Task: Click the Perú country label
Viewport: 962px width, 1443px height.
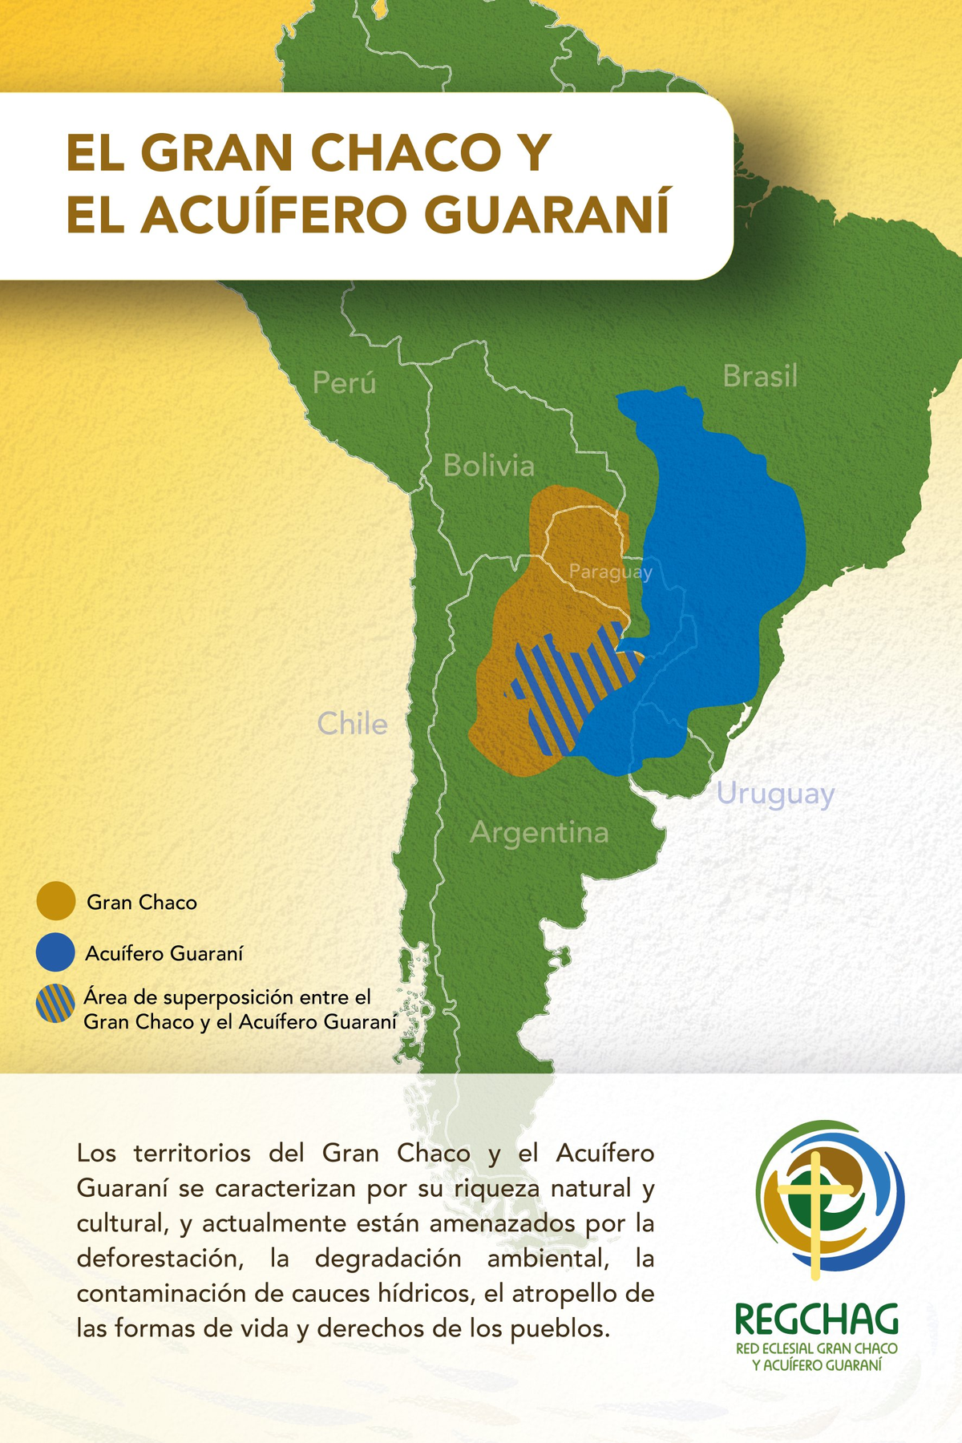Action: pyautogui.click(x=344, y=382)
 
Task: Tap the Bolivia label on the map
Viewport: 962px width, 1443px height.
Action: pyautogui.click(x=488, y=466)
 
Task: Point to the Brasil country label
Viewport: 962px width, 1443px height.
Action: pyautogui.click(x=760, y=376)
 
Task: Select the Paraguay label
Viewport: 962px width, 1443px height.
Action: pyautogui.click(x=610, y=572)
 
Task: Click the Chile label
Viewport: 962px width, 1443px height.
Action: pyautogui.click(x=352, y=724)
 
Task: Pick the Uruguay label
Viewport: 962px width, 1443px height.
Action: pyautogui.click(x=775, y=794)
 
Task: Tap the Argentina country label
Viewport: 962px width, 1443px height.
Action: pyautogui.click(x=539, y=833)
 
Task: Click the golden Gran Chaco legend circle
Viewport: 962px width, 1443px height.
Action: pyautogui.click(x=55, y=901)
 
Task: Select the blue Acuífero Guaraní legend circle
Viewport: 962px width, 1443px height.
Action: pyautogui.click(x=55, y=952)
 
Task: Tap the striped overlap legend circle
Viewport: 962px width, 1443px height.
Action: pyautogui.click(x=55, y=1004)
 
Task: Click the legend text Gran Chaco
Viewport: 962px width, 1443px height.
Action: pyautogui.click(x=142, y=903)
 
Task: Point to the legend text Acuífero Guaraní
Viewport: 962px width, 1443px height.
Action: pyautogui.click(x=164, y=954)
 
